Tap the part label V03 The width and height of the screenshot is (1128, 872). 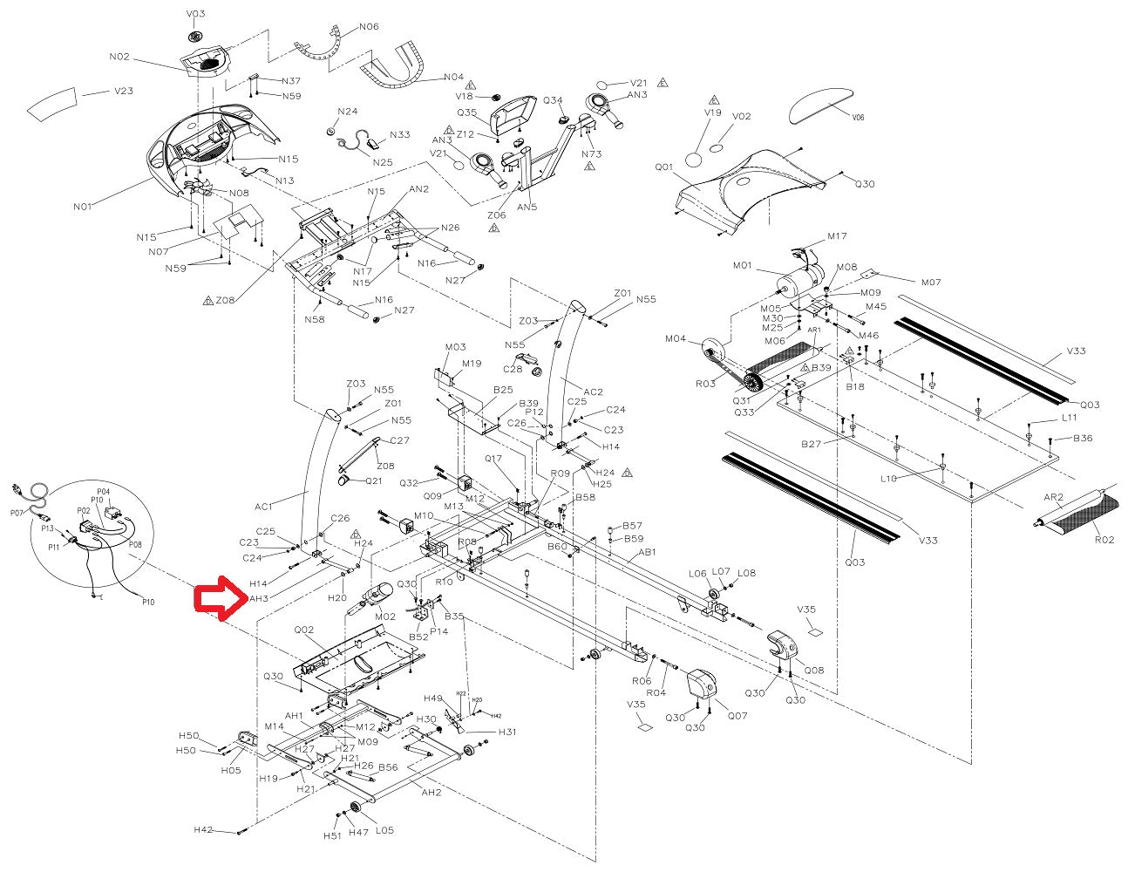click(x=196, y=14)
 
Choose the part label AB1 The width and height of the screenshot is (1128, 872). click(x=647, y=552)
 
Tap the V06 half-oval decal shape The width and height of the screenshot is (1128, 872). click(x=821, y=103)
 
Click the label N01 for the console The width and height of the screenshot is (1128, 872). click(x=83, y=207)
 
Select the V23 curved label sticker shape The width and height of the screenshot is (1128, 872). click(x=54, y=102)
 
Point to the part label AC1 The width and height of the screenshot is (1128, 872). click(x=264, y=506)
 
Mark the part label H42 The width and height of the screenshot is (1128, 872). click(x=203, y=829)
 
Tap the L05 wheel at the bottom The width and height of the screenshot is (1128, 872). click(x=357, y=807)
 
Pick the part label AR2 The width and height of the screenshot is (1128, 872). click(x=1054, y=498)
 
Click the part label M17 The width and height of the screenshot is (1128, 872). click(x=837, y=236)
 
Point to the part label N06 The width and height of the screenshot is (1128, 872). click(x=369, y=27)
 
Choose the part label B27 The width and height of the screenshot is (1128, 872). click(x=812, y=444)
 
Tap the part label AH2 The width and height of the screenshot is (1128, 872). click(x=431, y=792)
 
